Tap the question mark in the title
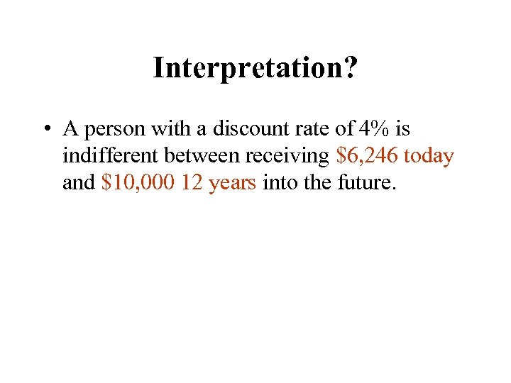click(351, 68)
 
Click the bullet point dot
click(45, 130)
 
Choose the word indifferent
click(110, 155)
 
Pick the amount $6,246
click(366, 156)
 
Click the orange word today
click(429, 157)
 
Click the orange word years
click(232, 184)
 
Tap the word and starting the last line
click(78, 182)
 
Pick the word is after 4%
click(402, 129)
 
